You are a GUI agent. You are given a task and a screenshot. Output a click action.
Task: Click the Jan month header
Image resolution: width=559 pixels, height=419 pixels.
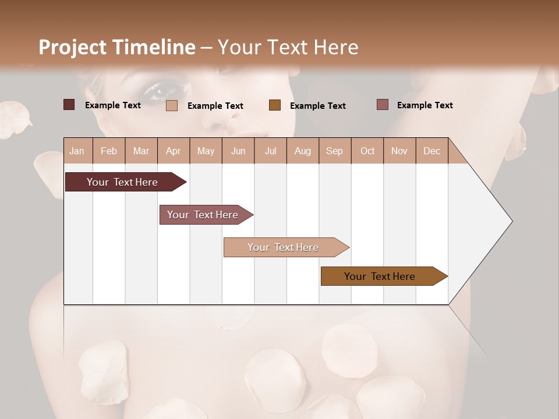click(x=77, y=151)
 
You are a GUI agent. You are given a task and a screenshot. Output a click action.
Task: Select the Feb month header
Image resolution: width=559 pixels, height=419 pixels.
click(x=109, y=151)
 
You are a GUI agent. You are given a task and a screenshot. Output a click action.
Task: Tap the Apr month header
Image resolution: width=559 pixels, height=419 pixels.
click(x=173, y=151)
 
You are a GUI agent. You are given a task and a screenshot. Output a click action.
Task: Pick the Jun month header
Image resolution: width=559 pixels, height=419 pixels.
click(x=238, y=151)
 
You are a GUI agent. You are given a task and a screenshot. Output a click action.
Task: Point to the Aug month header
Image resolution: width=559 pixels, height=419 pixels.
click(x=302, y=151)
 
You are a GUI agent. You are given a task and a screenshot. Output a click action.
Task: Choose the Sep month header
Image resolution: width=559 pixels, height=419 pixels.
click(x=334, y=151)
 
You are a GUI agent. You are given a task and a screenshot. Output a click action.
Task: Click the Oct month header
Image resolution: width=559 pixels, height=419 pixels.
click(x=367, y=151)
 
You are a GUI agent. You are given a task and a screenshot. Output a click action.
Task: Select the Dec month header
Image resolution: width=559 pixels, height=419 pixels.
click(x=431, y=151)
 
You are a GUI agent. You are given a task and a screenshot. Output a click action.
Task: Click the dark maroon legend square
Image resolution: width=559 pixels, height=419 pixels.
click(x=69, y=105)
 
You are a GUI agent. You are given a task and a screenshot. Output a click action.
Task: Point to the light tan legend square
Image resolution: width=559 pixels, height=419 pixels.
click(x=172, y=105)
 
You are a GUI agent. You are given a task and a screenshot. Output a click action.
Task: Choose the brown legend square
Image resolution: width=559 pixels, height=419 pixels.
click(x=275, y=105)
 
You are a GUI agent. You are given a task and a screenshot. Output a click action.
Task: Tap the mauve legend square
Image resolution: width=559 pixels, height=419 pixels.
click(x=382, y=105)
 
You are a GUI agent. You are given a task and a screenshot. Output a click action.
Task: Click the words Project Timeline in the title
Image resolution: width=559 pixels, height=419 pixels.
click(x=116, y=47)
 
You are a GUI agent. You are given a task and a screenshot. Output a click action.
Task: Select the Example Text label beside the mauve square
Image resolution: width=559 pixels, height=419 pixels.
click(x=424, y=105)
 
